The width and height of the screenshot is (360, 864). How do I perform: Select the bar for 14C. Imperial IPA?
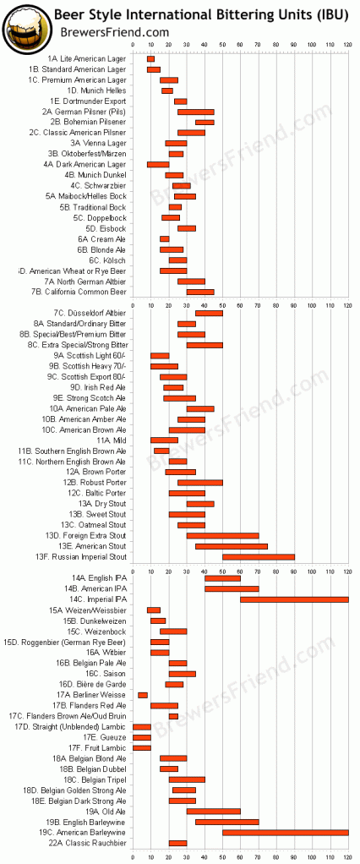[294, 599]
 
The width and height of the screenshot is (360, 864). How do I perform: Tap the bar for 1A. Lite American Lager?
[150, 58]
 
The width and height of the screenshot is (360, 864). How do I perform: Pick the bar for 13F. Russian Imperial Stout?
[259, 556]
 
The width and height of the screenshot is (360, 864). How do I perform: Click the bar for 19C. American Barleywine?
[286, 832]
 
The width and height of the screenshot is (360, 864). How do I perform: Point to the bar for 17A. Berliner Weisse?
[143, 695]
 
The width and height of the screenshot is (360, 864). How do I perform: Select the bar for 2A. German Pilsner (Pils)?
[195, 112]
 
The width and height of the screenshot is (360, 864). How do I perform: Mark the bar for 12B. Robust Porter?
[197, 482]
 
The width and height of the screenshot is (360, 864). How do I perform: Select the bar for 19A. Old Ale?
[214, 811]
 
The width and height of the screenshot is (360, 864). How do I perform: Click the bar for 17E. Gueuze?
[142, 737]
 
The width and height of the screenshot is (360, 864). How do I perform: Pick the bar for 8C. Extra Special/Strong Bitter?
[205, 345]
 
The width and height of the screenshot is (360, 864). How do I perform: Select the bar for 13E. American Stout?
[232, 546]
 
